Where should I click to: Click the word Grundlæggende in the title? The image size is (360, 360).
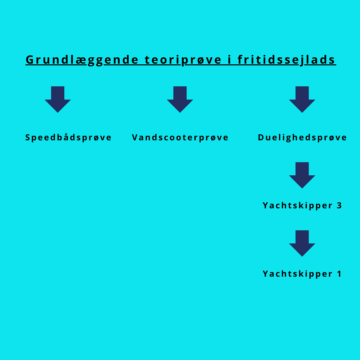(x=82, y=60)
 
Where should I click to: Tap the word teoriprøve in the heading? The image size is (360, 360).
(x=183, y=60)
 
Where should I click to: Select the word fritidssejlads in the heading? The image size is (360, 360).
(x=286, y=60)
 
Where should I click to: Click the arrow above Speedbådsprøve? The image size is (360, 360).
(x=58, y=99)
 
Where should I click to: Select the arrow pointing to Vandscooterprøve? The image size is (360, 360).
(x=180, y=99)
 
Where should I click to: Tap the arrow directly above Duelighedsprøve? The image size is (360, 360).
(x=302, y=99)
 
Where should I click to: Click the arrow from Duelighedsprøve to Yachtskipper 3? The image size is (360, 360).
(x=302, y=175)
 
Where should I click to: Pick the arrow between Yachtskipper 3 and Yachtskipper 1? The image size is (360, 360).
(x=302, y=243)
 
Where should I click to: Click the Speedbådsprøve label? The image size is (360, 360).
(x=68, y=138)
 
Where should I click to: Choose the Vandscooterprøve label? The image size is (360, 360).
(x=180, y=138)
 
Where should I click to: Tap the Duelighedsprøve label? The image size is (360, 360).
(x=302, y=138)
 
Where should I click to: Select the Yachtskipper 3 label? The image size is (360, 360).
(x=302, y=205)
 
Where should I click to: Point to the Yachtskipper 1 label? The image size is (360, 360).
(x=302, y=274)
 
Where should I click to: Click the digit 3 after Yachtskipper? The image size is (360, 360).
(x=339, y=205)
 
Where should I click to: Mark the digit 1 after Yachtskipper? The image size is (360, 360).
(x=339, y=274)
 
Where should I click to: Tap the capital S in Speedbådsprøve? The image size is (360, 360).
(x=28, y=137)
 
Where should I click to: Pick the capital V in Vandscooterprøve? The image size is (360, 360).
(x=135, y=137)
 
